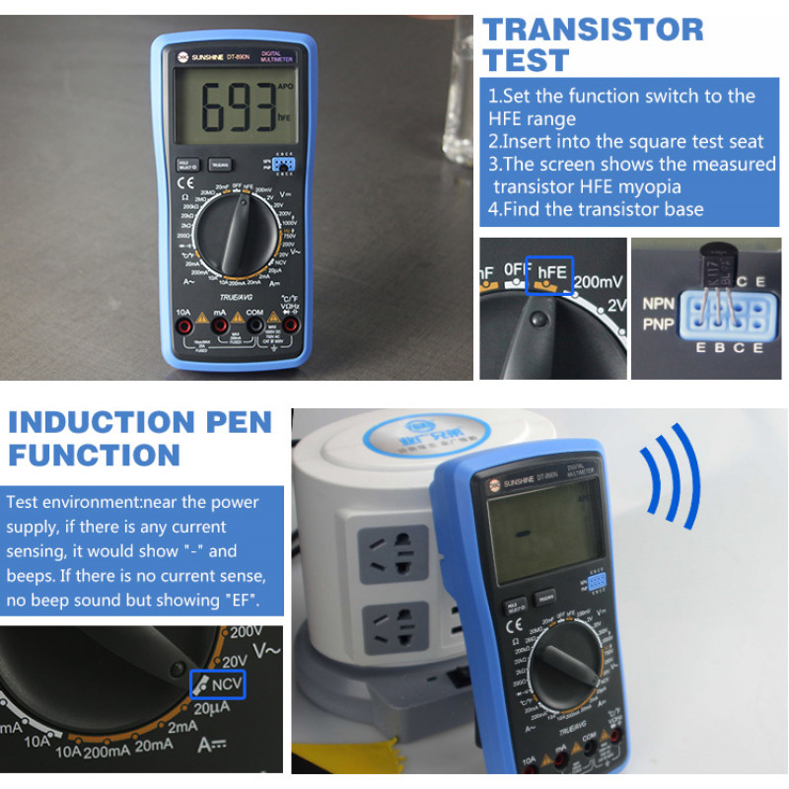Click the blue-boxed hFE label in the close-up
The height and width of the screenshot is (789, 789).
coord(549,275)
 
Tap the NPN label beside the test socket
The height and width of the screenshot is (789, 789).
coord(659,304)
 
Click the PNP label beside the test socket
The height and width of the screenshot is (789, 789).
coord(659,323)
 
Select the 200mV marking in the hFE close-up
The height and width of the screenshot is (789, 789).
coord(600,280)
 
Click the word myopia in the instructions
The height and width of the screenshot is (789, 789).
coord(645,186)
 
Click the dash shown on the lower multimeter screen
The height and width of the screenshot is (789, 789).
coord(520,537)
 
